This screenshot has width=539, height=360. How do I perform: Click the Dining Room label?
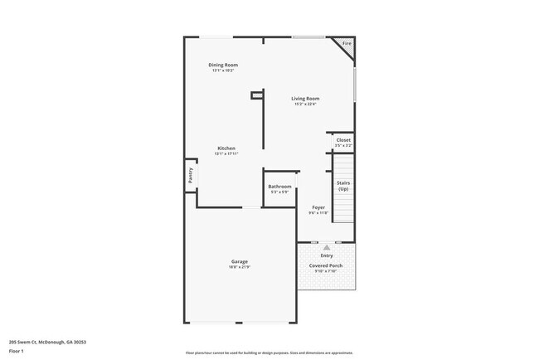pos(223,65)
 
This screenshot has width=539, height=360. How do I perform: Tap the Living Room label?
pos(306,98)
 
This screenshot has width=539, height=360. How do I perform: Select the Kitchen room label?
pos(226,148)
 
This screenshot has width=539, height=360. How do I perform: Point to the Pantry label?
pos(190,175)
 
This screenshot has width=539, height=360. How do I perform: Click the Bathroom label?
pos(279,187)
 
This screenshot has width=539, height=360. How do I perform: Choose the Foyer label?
pos(318,207)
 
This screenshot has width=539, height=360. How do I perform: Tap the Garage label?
pos(239,261)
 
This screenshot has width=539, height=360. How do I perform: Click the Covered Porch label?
pos(327,265)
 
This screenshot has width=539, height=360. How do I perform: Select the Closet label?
pos(342,140)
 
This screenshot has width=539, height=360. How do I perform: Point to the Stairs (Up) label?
pos(343,187)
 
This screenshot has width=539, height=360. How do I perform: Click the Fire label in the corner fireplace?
pos(347,43)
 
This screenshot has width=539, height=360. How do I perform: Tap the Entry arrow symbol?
pos(327,247)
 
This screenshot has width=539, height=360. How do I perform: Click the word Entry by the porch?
pos(327,255)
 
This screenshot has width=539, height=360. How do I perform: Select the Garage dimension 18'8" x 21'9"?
pos(239,267)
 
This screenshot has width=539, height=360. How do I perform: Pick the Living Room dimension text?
pos(306,104)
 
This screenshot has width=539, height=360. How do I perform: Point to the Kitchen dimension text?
pos(226,153)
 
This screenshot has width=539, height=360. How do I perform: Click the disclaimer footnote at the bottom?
pos(269,353)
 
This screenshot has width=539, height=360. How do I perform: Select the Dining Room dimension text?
pos(223,71)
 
